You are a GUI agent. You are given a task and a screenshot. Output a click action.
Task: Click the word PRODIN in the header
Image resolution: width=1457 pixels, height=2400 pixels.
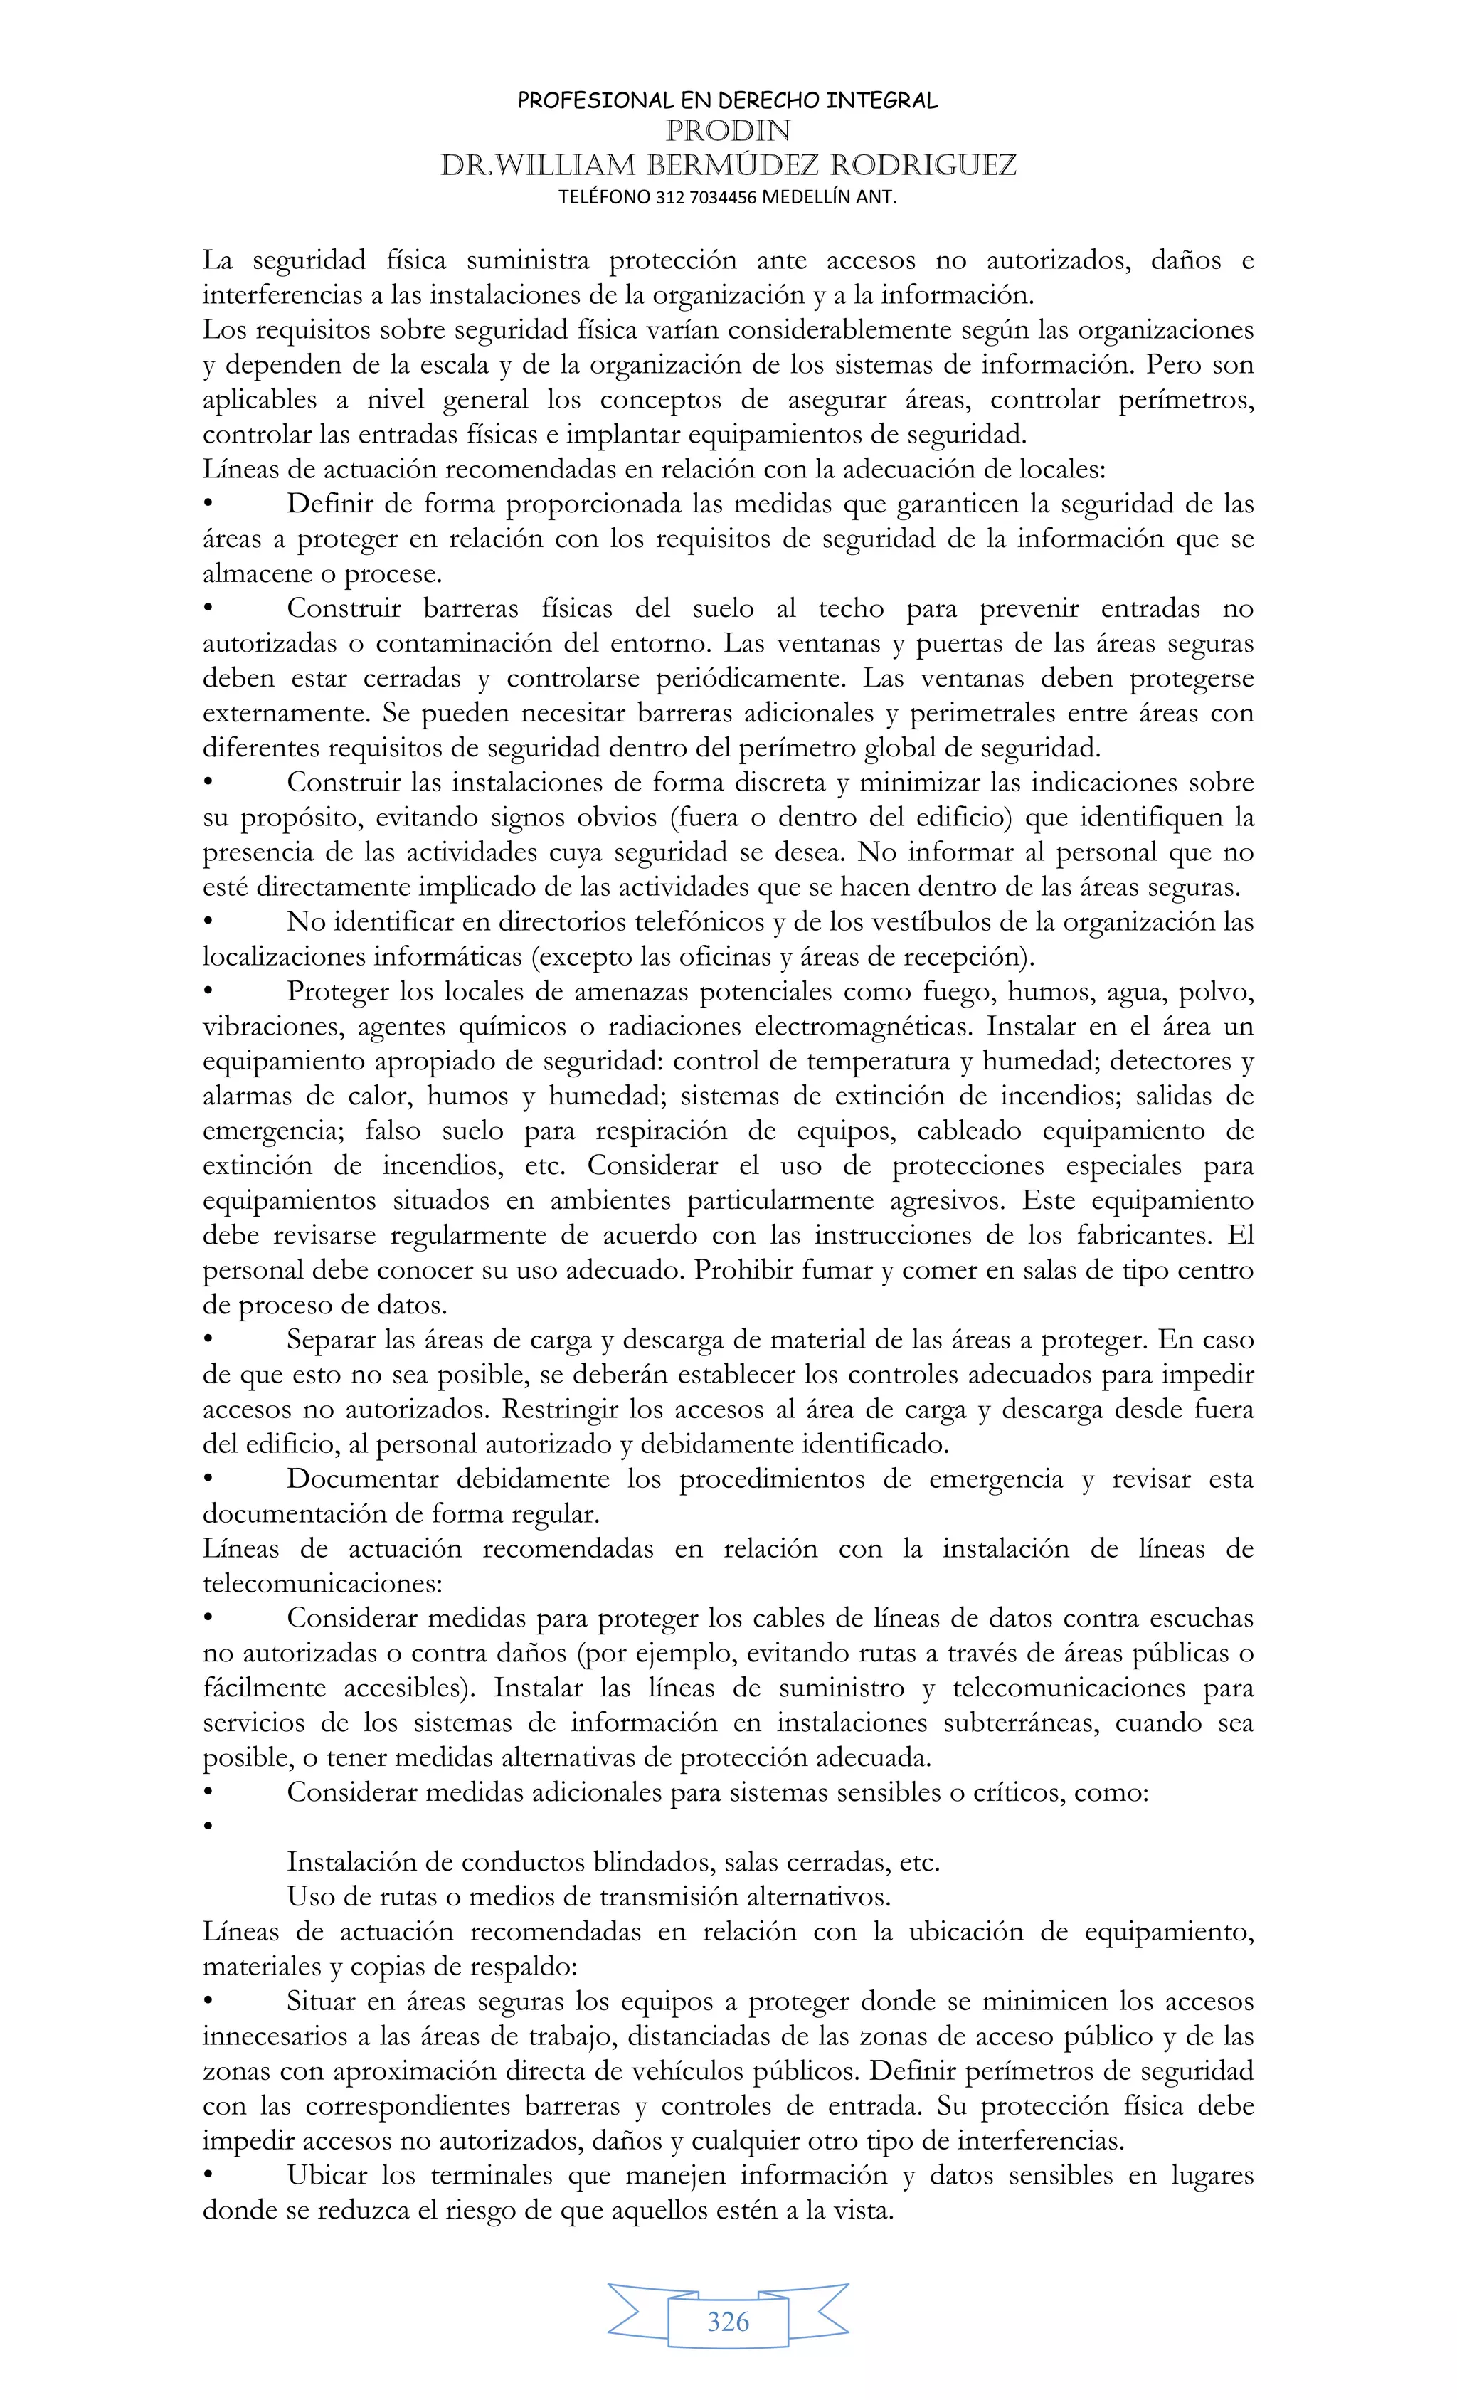(728, 130)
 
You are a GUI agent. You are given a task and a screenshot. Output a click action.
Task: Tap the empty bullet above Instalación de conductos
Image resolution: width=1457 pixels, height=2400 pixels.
(208, 1828)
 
